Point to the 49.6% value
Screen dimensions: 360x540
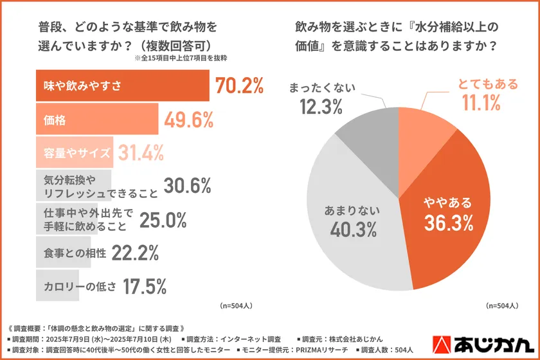(x=188, y=120)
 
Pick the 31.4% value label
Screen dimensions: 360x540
(x=139, y=152)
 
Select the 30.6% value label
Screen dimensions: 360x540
(x=188, y=186)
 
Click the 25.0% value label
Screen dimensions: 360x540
(x=163, y=220)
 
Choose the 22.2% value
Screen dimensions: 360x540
(x=135, y=253)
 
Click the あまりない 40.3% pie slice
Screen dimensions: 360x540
(x=354, y=219)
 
